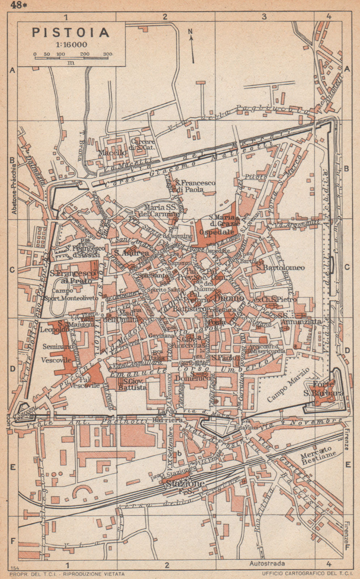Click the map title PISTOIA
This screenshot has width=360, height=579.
click(71, 32)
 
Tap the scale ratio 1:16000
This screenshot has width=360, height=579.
click(71, 45)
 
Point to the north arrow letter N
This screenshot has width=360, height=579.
click(190, 31)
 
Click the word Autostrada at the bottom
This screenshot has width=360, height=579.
click(267, 563)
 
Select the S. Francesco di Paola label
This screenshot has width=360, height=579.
click(195, 186)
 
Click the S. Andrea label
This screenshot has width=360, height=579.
click(126, 253)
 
